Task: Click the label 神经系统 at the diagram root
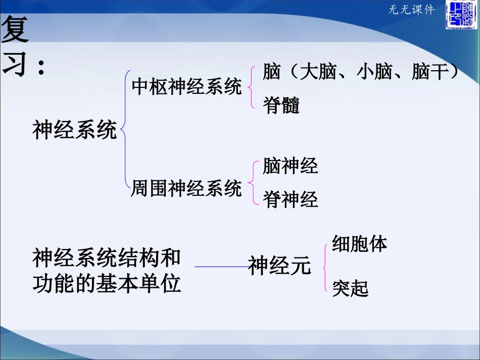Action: pos(75,130)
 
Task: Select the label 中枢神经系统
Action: pos(186,87)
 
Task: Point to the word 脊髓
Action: pos(281,106)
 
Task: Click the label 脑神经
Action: pos(291,166)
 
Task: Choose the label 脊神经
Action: pos(291,200)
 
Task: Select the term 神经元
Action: pos(279,266)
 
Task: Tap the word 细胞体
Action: pos(359,244)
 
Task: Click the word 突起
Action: pos(350,289)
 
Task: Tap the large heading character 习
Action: pos(15,65)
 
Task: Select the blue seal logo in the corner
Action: pos(460,16)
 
